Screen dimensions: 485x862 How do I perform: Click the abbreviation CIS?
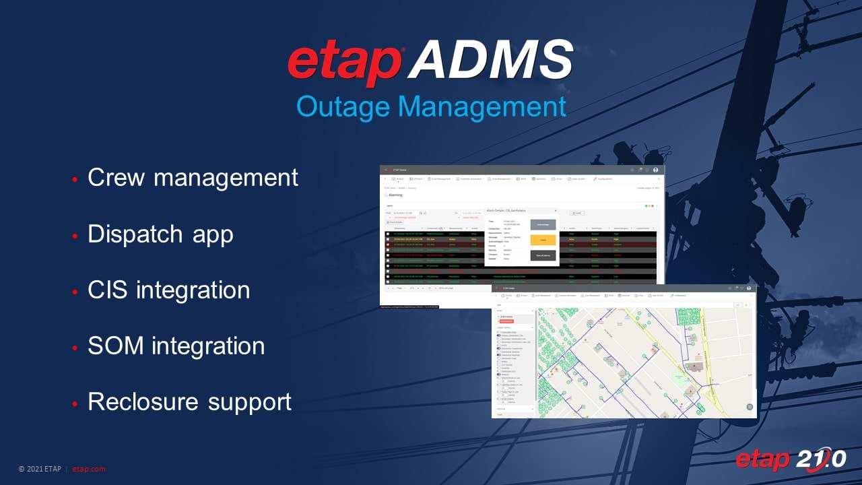coord(108,290)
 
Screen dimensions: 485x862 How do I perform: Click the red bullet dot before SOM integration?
coord(75,348)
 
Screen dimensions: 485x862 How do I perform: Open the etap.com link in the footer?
coord(88,469)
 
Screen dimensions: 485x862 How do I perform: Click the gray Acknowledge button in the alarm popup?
coord(543,224)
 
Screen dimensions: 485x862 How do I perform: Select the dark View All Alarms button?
coord(543,255)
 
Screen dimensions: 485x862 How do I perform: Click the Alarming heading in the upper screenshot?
coord(394,195)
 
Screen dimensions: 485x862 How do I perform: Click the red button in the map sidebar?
coord(506,321)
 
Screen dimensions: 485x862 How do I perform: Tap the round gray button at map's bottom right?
coord(750,407)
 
